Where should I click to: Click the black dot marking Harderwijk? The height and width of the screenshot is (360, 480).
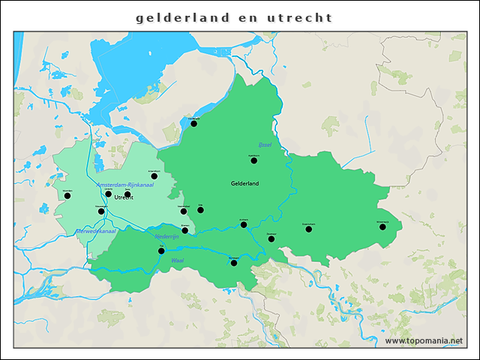click(193, 123)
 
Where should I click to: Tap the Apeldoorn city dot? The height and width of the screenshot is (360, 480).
click(253, 160)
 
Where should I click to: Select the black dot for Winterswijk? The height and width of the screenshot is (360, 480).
click(382, 226)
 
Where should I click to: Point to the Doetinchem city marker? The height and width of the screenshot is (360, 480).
click(308, 229)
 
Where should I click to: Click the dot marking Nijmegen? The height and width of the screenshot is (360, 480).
click(234, 262)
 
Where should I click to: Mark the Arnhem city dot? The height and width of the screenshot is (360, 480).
click(244, 224)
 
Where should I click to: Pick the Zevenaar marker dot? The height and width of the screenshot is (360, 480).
click(271, 238)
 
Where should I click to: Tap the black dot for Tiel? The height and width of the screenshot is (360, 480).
click(161, 251)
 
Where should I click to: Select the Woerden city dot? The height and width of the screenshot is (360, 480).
click(67, 196)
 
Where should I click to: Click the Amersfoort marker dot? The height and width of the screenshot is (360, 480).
click(154, 176)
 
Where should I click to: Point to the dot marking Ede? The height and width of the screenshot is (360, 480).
click(200, 210)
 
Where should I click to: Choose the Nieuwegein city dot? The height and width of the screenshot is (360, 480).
click(101, 211)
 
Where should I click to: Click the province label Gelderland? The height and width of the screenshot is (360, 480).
click(244, 184)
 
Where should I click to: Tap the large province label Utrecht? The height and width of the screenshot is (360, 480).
click(124, 198)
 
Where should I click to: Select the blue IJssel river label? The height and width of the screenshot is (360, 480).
click(264, 144)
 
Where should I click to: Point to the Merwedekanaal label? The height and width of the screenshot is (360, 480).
click(95, 232)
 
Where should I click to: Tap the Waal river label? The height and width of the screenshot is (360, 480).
click(178, 260)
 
